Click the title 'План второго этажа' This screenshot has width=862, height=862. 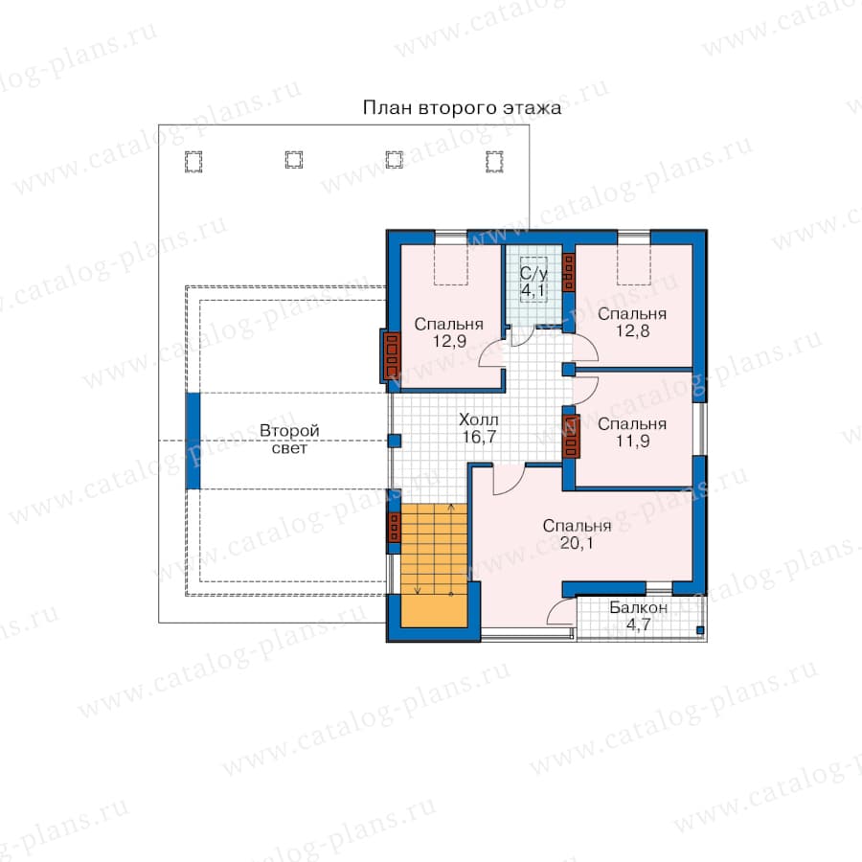pos(462,107)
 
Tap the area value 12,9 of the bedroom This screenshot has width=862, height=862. pos(449,341)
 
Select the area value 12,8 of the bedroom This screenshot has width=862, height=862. pos(632,331)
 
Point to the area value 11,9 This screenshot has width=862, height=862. pos(632,441)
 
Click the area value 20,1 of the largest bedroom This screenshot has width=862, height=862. pos(577,543)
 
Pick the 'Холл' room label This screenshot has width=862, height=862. pos(478,420)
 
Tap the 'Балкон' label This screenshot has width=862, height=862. pos(638,607)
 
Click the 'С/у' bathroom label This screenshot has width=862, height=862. pos(533,273)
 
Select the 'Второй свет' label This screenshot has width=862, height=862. pos(289,440)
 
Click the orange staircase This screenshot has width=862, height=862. pos(434,564)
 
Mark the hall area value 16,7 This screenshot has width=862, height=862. pos(479,437)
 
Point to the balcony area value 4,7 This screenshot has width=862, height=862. pos(638,624)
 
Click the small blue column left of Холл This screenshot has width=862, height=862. pos(395,441)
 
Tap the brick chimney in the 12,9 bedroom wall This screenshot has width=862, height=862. pos(391,355)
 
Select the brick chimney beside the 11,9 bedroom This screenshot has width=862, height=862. pos(571,437)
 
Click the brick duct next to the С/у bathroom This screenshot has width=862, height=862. pos(568,272)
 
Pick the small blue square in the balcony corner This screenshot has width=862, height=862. pos(700,630)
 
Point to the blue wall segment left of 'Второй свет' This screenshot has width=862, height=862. pos(193,441)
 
